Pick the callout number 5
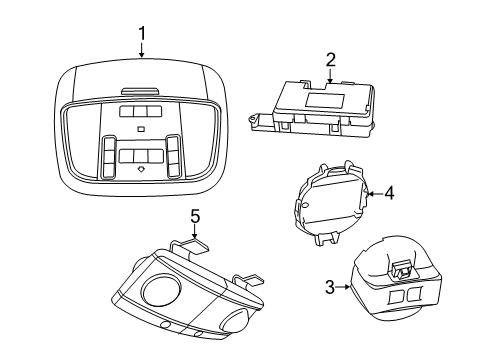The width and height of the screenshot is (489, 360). pyautogui.click(x=196, y=217)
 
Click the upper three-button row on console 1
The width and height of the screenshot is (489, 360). pyautogui.click(x=140, y=113)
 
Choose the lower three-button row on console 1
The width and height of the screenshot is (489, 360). pyautogui.click(x=140, y=156)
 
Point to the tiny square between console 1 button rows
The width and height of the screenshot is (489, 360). pyautogui.click(x=141, y=130)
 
